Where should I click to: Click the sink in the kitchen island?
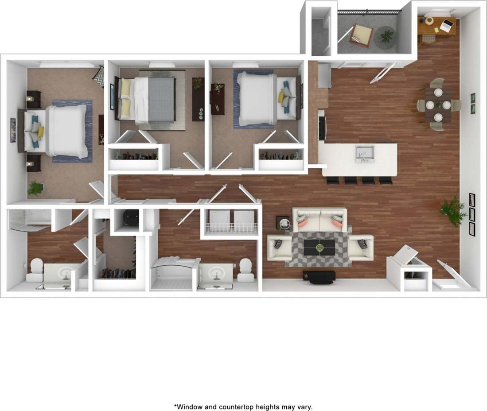pyautogui.click(x=365, y=153)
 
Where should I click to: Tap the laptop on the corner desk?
pyautogui.click(x=448, y=25)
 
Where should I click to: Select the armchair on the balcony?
pyautogui.click(x=361, y=35)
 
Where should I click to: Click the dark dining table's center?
pyautogui.click(x=438, y=105)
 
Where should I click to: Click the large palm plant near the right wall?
pyautogui.click(x=453, y=210)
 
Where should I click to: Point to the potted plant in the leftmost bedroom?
pyautogui.click(x=35, y=188)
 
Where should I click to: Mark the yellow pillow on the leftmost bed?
pyautogui.click(x=41, y=132)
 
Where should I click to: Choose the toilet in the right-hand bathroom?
pyautogui.click(x=245, y=270)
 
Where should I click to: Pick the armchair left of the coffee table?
pyautogui.click(x=279, y=248)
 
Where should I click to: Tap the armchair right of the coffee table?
pyautogui.click(x=361, y=248)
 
